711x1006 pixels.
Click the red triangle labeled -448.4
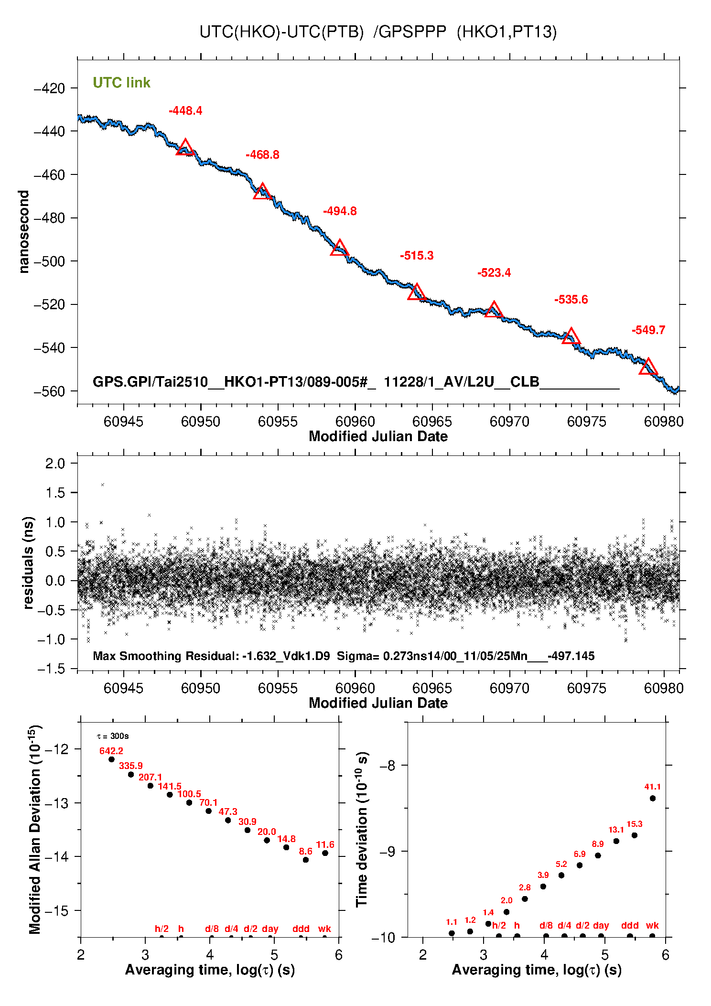185,148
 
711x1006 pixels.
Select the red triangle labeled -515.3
417,292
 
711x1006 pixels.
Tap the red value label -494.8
340,211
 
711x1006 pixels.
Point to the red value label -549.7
648,330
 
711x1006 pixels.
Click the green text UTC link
121,83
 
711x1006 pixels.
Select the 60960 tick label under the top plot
355,422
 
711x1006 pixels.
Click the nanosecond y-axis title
24,232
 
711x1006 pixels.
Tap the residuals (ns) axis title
29,562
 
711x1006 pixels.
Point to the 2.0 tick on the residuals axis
54,463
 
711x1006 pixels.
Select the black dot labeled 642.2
112,759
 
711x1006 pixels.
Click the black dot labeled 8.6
306,860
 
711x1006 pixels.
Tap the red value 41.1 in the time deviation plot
652,787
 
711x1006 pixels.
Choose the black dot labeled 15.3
635,835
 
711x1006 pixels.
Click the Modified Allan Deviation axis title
35,829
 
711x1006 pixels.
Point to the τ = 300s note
113,736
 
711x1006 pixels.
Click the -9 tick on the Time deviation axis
387,851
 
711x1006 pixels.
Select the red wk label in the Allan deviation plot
324,929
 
